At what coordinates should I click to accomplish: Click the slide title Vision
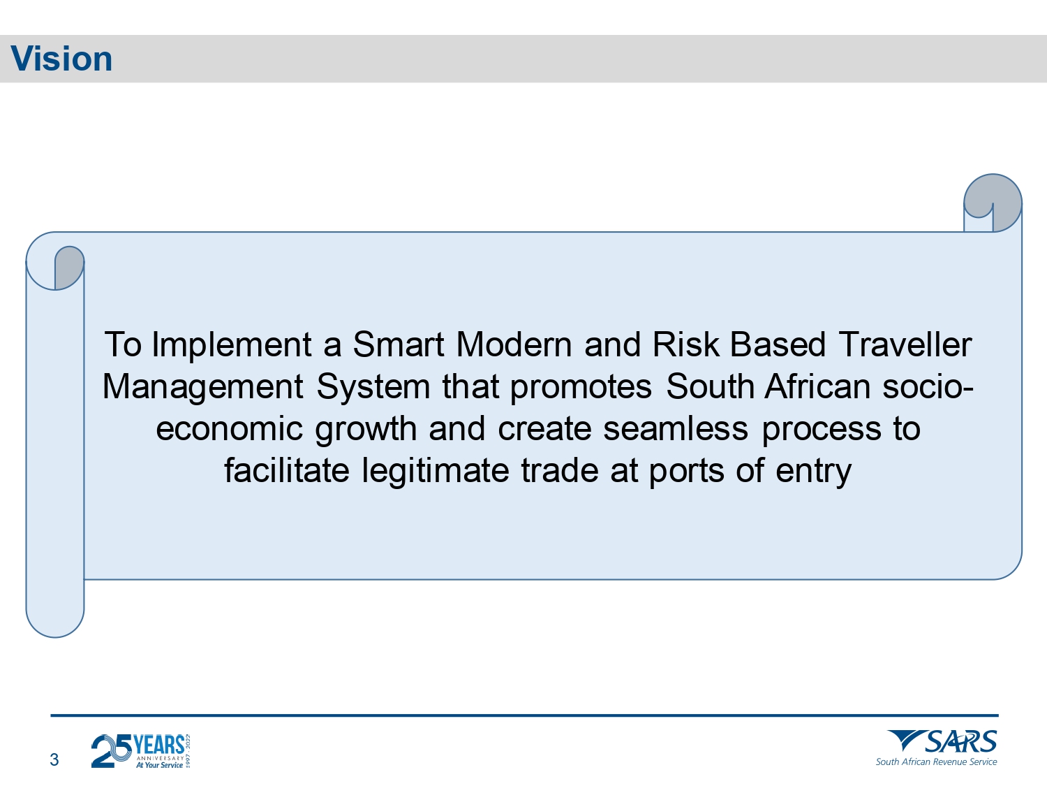point(61,59)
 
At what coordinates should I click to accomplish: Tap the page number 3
point(54,759)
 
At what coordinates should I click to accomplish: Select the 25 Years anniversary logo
point(141,750)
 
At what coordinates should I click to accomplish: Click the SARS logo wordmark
point(942,741)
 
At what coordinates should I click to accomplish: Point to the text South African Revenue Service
point(936,762)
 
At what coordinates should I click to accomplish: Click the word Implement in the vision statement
point(232,345)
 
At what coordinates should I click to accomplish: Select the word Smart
point(399,344)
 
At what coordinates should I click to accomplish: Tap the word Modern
point(514,344)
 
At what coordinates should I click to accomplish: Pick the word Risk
point(685,344)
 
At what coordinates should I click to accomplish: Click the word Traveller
point(905,344)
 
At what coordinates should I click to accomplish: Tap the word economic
point(230,428)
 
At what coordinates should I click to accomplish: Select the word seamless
point(676,428)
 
